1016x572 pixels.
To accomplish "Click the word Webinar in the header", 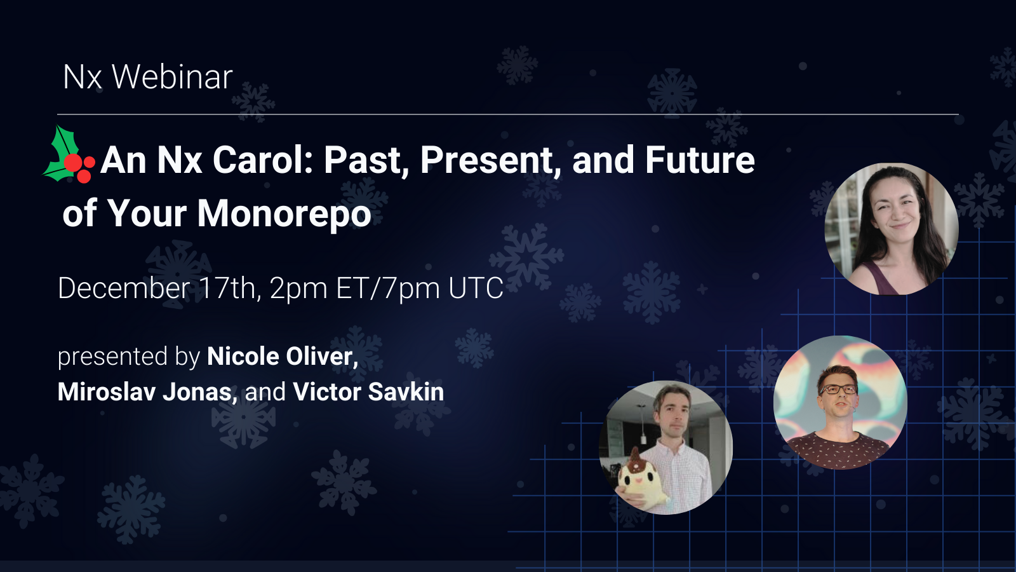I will click(x=172, y=77).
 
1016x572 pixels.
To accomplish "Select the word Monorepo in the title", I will click(x=284, y=214).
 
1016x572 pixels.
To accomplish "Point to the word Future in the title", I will click(x=700, y=160).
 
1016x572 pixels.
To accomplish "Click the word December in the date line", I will click(x=124, y=289).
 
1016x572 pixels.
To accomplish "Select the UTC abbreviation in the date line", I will click(x=476, y=288).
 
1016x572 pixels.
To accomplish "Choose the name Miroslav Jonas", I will click(x=144, y=392).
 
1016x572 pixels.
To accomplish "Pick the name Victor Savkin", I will click(x=368, y=392).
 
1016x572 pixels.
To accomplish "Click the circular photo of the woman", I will click(x=891, y=229).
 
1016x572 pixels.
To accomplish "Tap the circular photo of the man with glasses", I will click(x=840, y=402).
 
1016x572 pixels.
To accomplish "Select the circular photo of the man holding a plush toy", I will click(x=665, y=447).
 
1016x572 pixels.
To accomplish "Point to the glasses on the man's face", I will click(x=838, y=389).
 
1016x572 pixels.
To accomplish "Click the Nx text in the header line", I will click(x=82, y=77).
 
